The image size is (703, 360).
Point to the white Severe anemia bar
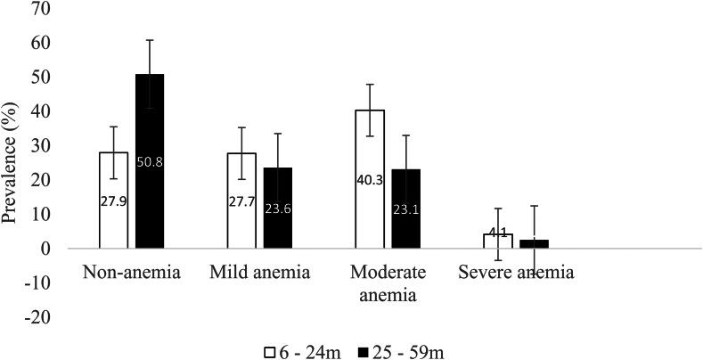[x=498, y=241]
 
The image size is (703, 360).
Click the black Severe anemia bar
[x=535, y=244]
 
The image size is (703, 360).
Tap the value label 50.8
[x=150, y=162]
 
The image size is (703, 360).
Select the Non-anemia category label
[x=131, y=272]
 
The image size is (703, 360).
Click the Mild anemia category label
[x=259, y=272]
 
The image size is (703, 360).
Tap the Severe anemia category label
[x=516, y=272]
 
